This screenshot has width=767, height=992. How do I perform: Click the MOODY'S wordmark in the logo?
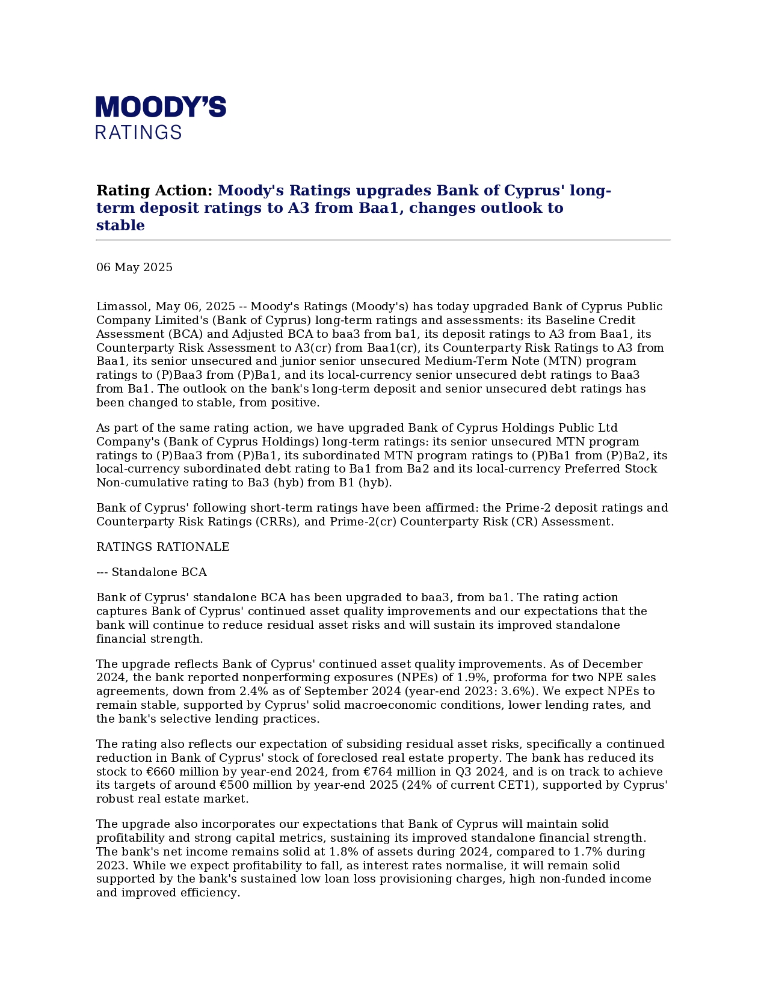coord(161,108)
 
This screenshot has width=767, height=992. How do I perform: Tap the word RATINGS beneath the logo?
coord(138,132)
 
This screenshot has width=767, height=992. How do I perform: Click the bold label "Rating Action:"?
coord(155,191)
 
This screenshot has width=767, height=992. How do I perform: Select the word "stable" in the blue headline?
coord(120,225)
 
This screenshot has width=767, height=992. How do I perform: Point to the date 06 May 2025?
coord(134,268)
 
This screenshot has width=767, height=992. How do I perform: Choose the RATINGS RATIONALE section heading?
coord(162,547)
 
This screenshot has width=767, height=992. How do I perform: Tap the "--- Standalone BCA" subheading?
coord(152,572)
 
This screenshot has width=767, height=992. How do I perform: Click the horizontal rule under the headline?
coord(383,240)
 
